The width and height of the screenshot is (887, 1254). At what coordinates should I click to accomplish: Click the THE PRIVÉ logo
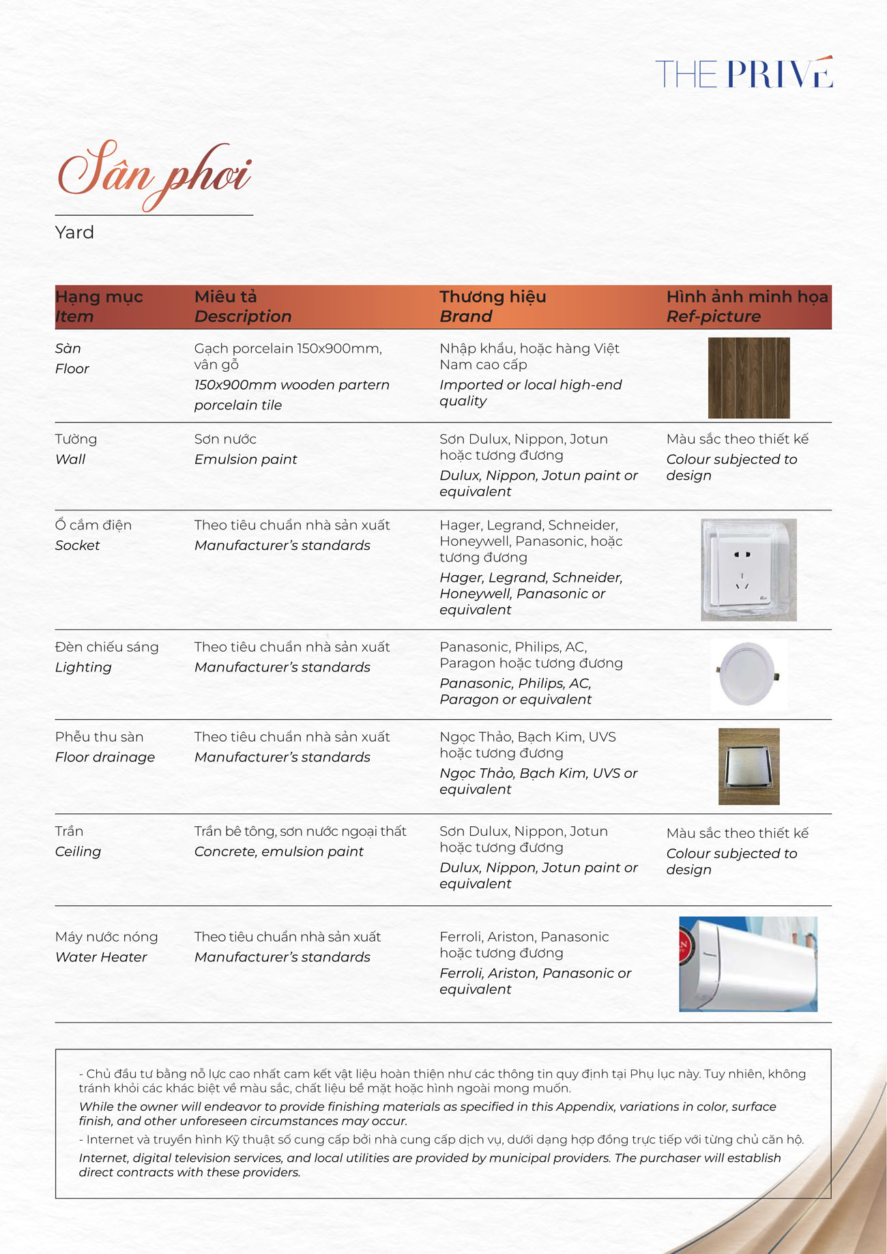(744, 73)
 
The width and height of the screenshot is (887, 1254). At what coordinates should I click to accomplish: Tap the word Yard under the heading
(74, 233)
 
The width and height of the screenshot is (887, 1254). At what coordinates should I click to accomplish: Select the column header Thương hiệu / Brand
(492, 306)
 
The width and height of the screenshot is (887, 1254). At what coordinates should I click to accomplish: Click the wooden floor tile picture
(748, 377)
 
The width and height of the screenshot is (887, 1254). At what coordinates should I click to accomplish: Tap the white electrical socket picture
(748, 570)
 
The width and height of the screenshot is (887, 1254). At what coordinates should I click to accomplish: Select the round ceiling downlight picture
(748, 675)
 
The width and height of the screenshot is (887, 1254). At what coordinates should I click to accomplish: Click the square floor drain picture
(748, 766)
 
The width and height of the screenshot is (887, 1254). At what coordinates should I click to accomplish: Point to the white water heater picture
(748, 963)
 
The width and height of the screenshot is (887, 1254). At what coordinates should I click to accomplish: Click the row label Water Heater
(101, 957)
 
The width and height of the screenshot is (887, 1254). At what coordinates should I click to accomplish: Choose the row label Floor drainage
(105, 757)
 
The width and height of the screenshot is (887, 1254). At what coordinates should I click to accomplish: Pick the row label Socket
(77, 546)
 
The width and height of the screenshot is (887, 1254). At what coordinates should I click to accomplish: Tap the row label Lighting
(83, 667)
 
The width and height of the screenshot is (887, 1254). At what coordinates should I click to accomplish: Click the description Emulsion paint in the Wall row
(246, 460)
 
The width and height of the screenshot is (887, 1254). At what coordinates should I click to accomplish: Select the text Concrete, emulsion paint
(278, 851)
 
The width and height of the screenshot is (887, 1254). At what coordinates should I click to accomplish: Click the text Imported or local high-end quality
(530, 393)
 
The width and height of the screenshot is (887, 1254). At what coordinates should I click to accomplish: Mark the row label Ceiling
(78, 851)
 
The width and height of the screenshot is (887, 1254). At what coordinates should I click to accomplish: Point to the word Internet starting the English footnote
(102, 1158)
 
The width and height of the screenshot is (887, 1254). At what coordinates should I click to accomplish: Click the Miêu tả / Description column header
(242, 306)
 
